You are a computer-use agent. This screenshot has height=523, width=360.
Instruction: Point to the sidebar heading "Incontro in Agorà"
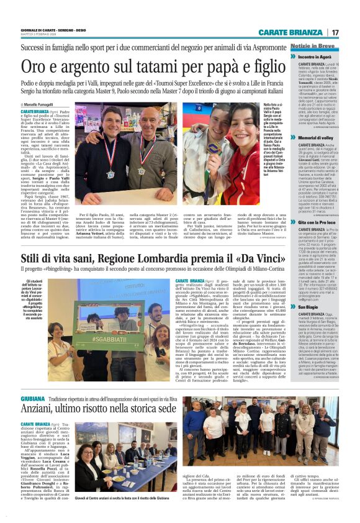click(320, 57)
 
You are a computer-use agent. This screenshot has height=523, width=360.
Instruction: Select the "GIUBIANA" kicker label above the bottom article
click(33, 398)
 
